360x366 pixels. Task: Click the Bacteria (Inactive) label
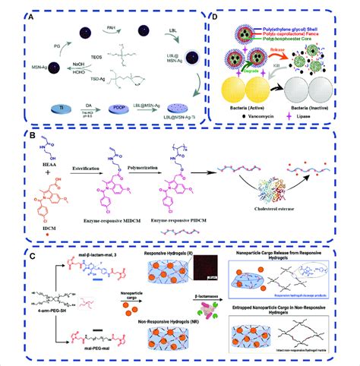[x=301, y=111]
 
